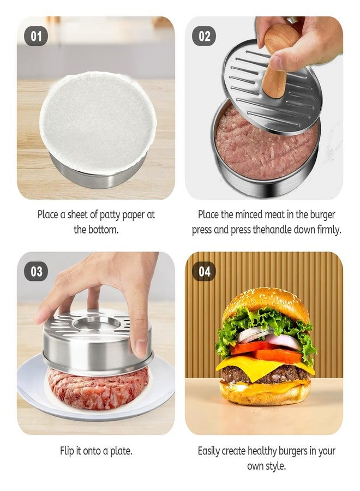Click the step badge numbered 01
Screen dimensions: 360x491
point(36,37)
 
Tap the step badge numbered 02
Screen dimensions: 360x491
point(205,37)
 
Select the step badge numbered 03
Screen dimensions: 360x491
point(36,272)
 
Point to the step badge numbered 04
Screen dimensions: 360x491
point(205,272)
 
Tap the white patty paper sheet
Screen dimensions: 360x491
point(98,122)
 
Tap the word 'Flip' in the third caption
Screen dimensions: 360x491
point(67,451)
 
